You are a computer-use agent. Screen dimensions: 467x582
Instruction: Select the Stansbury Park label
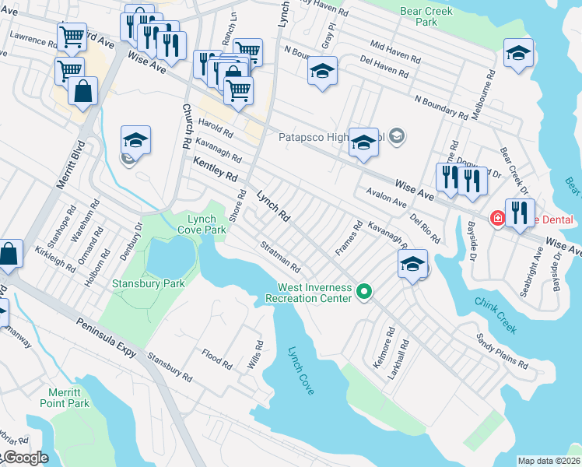pyautogui.click(x=149, y=283)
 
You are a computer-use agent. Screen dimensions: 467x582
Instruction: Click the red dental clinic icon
pyautogui.click(x=496, y=219)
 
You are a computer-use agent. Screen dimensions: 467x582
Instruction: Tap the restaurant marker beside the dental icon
pyautogui.click(x=520, y=212)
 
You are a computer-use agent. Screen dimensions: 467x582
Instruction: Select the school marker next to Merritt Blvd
pyautogui.click(x=135, y=141)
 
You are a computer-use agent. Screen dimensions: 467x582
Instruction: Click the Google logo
pyautogui.click(x=25, y=458)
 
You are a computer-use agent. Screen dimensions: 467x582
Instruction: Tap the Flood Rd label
pyautogui.click(x=217, y=358)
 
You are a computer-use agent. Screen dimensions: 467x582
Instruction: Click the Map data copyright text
pyautogui.click(x=549, y=461)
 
